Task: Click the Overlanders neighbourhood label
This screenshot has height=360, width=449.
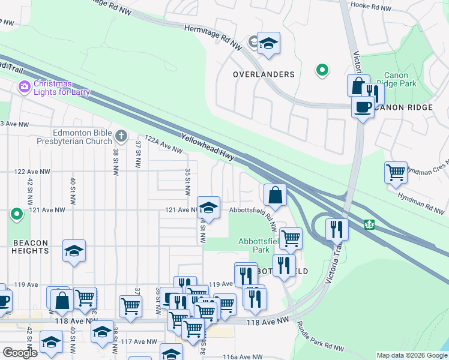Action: [x=264, y=74]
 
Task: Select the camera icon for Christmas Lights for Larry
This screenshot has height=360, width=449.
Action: [x=25, y=87]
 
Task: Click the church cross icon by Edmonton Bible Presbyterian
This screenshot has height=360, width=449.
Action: [x=121, y=136]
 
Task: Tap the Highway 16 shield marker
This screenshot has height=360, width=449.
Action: [x=370, y=224]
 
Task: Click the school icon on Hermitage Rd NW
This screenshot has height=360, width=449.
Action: [x=268, y=43]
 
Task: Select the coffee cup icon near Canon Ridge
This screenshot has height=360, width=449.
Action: [x=362, y=107]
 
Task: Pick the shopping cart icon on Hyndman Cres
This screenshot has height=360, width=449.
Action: [x=396, y=172]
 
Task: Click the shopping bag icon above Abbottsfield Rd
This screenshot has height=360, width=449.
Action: [x=274, y=194]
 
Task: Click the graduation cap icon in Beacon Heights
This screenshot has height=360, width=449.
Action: [x=74, y=251]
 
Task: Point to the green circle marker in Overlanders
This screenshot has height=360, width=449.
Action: [x=322, y=71]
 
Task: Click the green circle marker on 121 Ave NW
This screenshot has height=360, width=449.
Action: [x=17, y=214]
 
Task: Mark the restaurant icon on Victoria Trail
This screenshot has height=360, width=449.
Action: [x=336, y=229]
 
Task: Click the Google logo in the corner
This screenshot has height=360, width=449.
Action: [x=20, y=353]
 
